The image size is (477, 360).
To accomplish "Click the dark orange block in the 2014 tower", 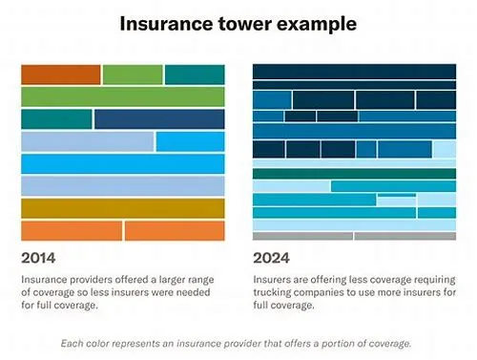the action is [x=61, y=74].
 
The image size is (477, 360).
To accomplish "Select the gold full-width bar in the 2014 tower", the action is [x=123, y=208].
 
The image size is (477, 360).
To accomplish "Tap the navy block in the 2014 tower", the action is [x=159, y=119].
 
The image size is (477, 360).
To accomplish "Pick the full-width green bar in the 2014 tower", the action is [x=123, y=96].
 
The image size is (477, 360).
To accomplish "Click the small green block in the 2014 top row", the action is [x=133, y=74].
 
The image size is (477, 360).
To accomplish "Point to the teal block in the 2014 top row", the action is [x=195, y=74].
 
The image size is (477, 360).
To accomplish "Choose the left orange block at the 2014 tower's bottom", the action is [x=72, y=231].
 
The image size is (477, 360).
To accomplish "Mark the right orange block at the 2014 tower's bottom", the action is [x=175, y=231].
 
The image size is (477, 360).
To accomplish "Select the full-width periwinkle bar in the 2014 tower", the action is [x=123, y=186].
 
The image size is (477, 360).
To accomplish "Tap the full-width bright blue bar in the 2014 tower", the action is [x=123, y=164].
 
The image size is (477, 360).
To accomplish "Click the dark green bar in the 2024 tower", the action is [x=354, y=174].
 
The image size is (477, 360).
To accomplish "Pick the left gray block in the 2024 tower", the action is [x=302, y=236].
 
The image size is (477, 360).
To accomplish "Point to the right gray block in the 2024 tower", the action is [x=405, y=236].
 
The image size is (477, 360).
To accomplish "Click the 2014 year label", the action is [x=38, y=258].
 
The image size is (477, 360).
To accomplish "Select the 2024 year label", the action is [x=271, y=258].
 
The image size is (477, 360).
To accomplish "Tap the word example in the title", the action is [x=317, y=24].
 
